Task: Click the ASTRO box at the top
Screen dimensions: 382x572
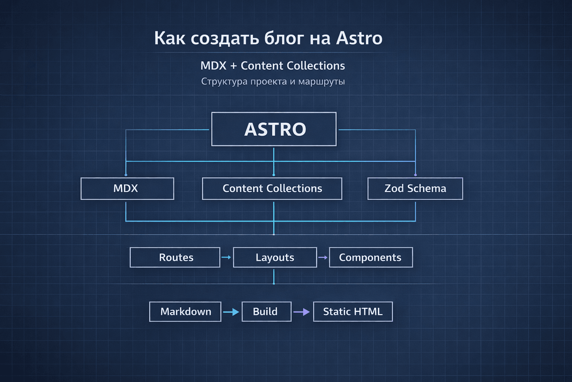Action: [x=274, y=129]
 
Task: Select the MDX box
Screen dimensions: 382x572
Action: [x=127, y=188]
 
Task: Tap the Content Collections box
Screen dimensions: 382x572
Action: [x=272, y=188]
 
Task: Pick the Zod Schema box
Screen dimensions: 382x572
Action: [x=415, y=188]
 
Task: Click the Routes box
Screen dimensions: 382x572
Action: [x=175, y=257]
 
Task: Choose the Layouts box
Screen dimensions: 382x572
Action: [x=275, y=257]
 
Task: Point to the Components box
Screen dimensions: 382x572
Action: [x=371, y=257]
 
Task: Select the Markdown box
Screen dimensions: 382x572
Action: [x=185, y=311]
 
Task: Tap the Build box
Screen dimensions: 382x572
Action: [x=266, y=311]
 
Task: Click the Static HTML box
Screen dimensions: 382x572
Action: [x=353, y=311]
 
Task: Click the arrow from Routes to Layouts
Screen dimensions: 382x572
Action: [x=226, y=257]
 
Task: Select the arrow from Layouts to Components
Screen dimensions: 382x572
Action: [x=323, y=257]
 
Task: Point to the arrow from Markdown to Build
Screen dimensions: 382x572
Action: [x=231, y=312]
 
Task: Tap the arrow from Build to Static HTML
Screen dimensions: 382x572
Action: [x=302, y=312]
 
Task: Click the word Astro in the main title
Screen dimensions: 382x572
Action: [x=359, y=38]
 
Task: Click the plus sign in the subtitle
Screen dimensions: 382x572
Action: [x=233, y=66]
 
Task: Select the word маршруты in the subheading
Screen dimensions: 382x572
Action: [x=321, y=81]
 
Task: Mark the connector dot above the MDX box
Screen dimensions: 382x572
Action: [x=126, y=175]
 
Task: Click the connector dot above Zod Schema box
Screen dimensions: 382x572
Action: [x=415, y=175]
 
